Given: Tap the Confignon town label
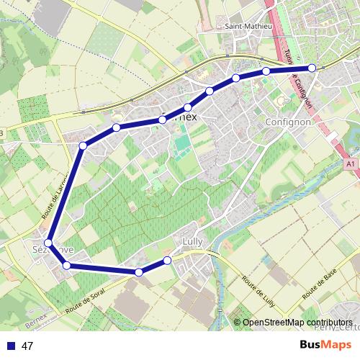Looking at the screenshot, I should (x=287, y=122).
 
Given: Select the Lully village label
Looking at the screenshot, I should (x=192, y=242).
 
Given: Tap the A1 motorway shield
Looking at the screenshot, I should (x=351, y=164).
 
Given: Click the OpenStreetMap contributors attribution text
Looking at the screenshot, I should (x=297, y=323).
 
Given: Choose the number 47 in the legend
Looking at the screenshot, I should (x=28, y=346).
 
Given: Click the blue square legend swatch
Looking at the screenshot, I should (x=9, y=346).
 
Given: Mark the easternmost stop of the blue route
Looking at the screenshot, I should (x=312, y=68).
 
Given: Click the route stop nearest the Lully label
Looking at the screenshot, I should (x=167, y=260).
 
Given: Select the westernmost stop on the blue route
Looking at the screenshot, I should (x=48, y=243).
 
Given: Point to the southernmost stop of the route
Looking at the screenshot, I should (x=138, y=272).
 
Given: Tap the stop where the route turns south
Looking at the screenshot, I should (x=83, y=146).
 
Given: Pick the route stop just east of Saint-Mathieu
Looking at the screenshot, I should (x=266, y=71).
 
